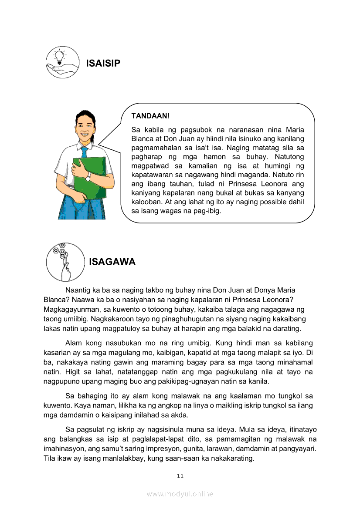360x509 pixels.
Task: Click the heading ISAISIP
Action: click(103, 64)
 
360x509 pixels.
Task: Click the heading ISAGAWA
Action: click(112, 262)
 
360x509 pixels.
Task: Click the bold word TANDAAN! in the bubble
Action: click(150, 116)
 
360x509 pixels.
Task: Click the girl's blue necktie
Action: click(84, 152)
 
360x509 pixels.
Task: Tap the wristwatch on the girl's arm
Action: click(88, 177)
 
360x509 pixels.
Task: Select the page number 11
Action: click(180, 475)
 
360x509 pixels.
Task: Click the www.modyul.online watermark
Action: click(180, 494)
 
